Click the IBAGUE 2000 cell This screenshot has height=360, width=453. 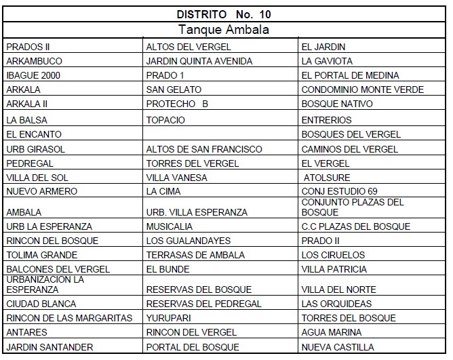click(33, 75)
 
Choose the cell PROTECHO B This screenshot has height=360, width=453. click(176, 104)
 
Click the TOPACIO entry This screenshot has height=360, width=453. click(165, 120)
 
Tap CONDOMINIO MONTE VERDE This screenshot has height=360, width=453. click(362, 89)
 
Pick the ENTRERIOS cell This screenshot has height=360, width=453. click(326, 120)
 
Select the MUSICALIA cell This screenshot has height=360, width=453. click(170, 226)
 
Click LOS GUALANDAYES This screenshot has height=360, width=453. click(189, 241)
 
